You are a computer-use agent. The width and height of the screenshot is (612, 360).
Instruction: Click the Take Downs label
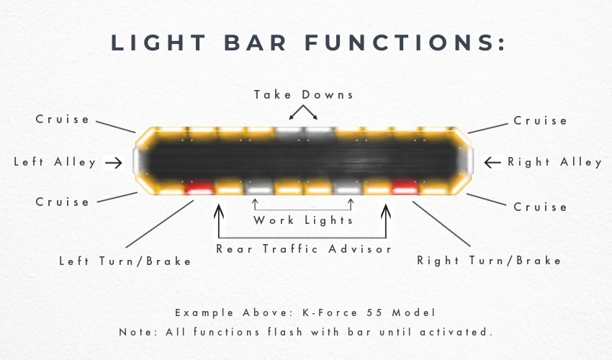coord(304,95)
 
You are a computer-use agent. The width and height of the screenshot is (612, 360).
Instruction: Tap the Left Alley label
coord(55,162)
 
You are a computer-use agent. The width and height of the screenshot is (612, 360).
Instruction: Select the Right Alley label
coord(554,162)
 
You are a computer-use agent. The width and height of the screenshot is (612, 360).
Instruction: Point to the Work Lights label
coord(303,220)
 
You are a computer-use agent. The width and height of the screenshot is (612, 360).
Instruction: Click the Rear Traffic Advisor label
coord(304,248)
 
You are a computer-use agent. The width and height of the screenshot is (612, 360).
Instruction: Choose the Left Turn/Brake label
coord(125,261)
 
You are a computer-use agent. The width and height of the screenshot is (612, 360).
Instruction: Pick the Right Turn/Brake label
coord(489,261)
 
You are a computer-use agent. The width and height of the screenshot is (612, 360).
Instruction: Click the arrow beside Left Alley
coord(114,163)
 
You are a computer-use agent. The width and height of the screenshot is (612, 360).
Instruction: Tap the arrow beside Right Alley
coord(492,162)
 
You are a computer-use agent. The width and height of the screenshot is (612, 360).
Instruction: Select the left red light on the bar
coord(199,188)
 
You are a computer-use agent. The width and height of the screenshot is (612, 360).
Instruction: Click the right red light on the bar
coord(405,187)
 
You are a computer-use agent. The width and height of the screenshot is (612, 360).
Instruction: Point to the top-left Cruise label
coord(63,119)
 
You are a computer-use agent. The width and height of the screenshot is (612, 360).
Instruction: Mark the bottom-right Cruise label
coord(540,207)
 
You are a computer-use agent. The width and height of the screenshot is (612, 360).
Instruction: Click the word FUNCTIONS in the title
coord(405,42)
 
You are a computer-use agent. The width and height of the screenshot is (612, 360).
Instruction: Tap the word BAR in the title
coord(256,42)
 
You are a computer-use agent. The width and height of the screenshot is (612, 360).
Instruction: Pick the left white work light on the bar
coord(259,188)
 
